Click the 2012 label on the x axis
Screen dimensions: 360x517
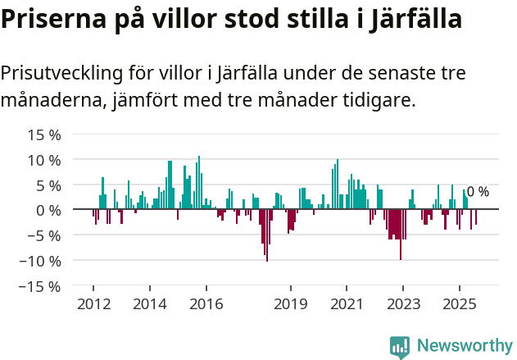point(93,304)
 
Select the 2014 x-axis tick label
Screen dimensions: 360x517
point(149,304)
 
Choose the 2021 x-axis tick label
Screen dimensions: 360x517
point(347,304)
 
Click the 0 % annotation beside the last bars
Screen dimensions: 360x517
point(478,192)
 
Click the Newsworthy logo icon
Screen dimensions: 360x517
point(400,346)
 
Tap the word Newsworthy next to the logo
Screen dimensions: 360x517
point(464,346)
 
